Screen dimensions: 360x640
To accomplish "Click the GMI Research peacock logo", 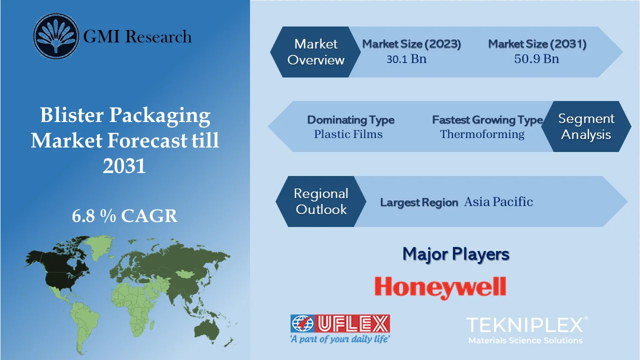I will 56,36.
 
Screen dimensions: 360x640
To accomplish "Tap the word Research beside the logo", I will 158,36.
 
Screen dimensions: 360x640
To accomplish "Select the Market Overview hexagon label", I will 316,52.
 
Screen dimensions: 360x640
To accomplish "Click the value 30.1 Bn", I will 406,59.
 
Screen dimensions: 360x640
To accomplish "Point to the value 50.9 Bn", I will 536,59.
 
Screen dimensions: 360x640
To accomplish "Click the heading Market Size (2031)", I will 537,44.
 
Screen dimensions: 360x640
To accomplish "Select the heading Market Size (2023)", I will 411,44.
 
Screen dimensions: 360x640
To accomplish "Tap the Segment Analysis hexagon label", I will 586,126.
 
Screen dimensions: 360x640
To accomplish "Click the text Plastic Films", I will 348,134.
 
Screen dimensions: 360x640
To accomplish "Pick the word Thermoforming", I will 482,134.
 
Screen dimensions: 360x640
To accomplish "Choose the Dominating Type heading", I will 350,120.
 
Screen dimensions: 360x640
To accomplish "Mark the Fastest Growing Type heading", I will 487,120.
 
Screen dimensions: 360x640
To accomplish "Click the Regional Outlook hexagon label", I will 321,201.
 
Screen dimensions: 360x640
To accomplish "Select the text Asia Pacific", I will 498,202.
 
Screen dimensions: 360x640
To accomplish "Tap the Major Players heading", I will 456,254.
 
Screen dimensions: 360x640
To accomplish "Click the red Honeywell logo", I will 440,287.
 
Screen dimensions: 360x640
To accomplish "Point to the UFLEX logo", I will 340,328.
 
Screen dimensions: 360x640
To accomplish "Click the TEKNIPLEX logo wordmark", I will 525,325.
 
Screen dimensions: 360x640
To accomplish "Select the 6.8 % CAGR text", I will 124,216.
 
